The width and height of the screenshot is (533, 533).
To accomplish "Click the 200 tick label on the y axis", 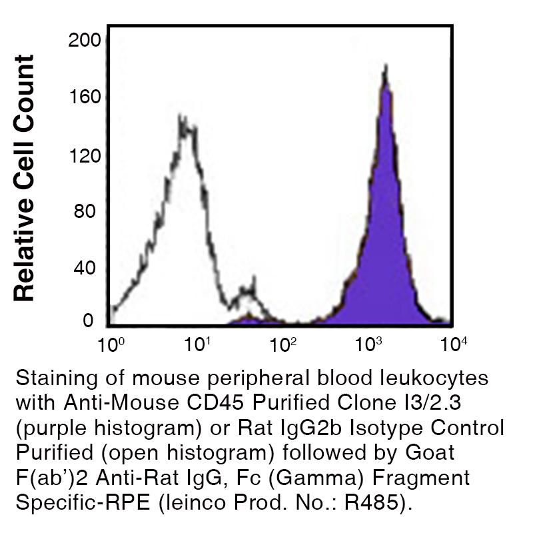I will (85, 41).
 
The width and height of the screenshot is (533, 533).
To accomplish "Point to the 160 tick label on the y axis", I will (85, 98).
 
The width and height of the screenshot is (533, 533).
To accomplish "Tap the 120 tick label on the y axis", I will (85, 156).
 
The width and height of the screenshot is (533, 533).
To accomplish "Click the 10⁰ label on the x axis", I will (110, 344).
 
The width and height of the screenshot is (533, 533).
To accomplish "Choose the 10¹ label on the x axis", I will (198, 344).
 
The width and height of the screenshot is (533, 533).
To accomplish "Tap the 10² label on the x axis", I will (284, 344).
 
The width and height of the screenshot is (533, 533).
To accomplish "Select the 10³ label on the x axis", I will (368, 344).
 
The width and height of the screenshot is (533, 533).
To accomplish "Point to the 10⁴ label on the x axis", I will (454, 344).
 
